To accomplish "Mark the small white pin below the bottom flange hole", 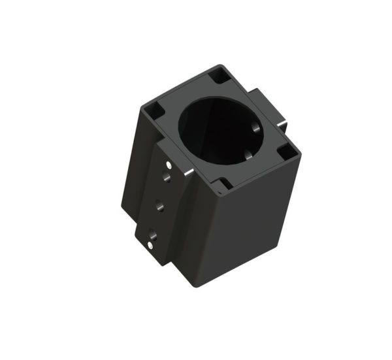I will [150, 245].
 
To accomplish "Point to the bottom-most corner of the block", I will [194, 286].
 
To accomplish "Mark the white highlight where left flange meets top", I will [188, 172].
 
